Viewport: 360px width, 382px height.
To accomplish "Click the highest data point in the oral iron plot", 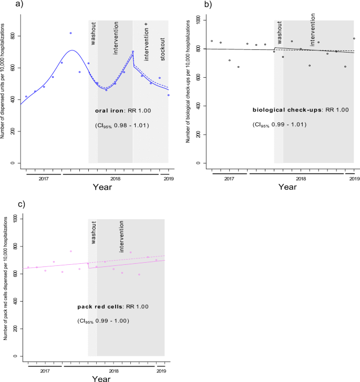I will pyautogui.click(x=70, y=33).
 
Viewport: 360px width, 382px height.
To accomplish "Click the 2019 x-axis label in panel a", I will pyautogui.click(x=168, y=179).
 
